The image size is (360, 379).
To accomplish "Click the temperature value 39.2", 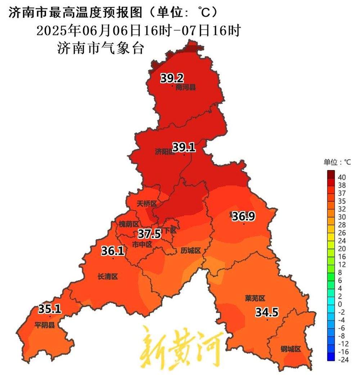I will point(172,78).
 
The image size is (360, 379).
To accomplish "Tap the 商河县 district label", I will point(186,87).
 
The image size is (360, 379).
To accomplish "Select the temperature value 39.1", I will point(184,147).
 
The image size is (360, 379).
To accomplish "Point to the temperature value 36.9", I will point(243,217).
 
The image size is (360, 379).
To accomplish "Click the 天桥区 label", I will point(147,204).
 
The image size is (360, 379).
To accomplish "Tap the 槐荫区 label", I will point(129,224).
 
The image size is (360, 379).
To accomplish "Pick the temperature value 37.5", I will point(149,234).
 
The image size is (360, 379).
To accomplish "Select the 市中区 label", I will point(142,245).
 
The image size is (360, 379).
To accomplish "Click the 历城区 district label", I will point(190,250).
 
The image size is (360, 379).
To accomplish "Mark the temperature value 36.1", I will point(113,251).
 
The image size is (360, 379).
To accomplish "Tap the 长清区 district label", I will point(108,277).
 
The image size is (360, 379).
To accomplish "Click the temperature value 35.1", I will point(50,309).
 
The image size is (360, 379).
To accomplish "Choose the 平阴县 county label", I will point(45,325).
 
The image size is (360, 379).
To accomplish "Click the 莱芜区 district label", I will point(255,298).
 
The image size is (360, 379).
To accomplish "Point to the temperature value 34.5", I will point(267,312).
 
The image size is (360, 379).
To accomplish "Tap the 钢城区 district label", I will point(291,349).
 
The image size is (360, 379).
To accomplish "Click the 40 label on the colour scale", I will point(342,177).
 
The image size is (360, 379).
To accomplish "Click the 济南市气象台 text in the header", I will point(100,48).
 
